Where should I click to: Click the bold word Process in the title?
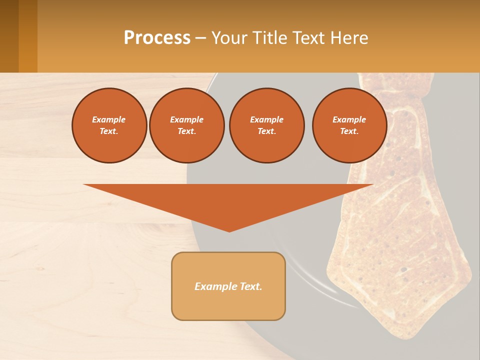click(157, 38)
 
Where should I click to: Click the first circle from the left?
click(109, 125)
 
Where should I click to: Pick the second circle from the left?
click(186, 125)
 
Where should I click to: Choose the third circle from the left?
click(266, 125)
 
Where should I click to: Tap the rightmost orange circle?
click(349, 125)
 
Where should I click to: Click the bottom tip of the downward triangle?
click(229, 230)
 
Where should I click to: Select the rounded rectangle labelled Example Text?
click(228, 286)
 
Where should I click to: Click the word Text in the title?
click(308, 38)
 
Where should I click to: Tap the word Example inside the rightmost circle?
click(349, 119)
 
